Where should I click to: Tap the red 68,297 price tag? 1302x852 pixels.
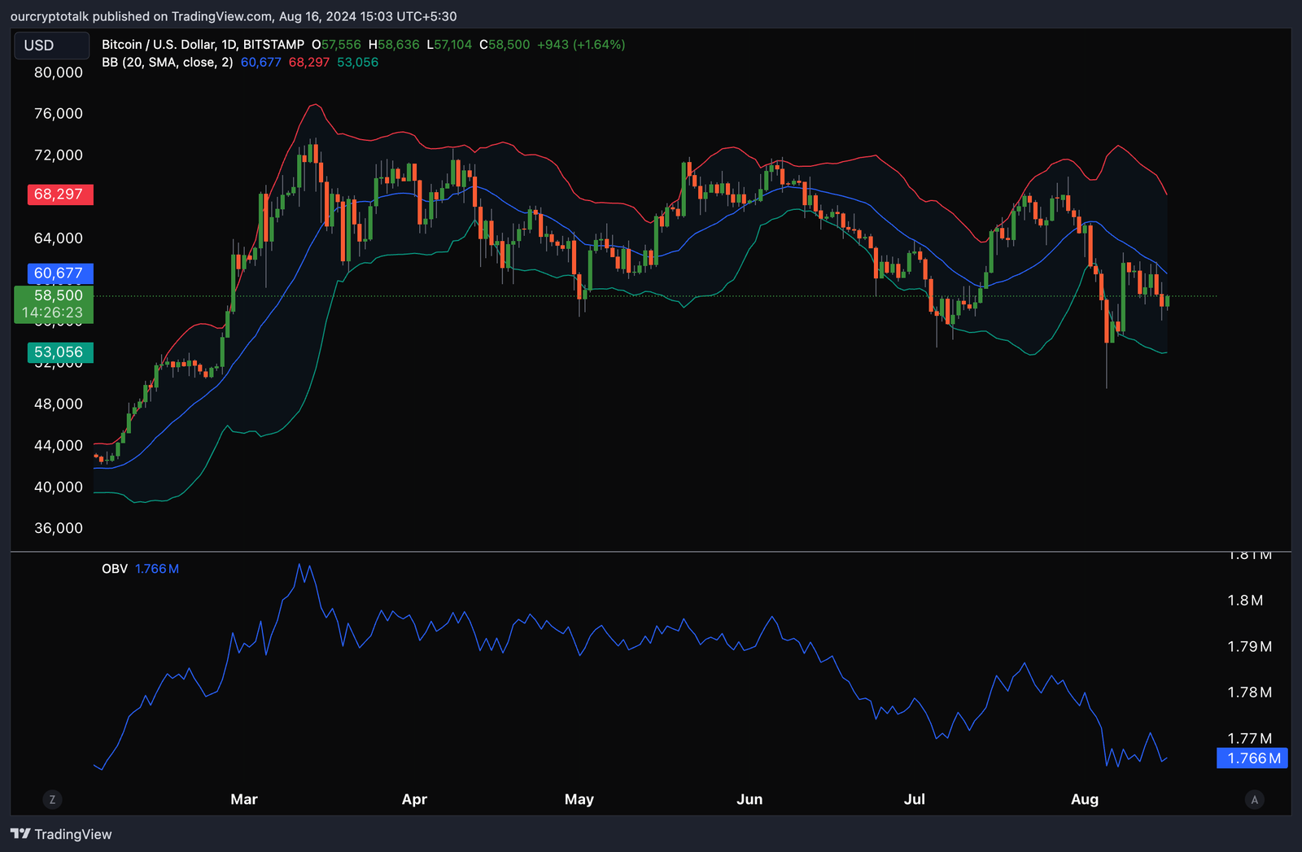tap(60, 194)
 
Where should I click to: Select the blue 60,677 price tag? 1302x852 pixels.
tap(60, 273)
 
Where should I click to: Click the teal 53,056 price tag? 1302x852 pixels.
tap(60, 352)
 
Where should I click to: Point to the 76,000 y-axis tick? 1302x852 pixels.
tap(59, 114)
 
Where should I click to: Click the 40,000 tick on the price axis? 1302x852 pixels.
tap(59, 487)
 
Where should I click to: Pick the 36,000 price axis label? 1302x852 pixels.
tap(59, 528)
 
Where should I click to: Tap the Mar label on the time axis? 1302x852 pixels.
tap(244, 799)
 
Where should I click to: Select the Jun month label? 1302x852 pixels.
tap(749, 799)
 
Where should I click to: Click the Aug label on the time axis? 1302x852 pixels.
tap(1085, 799)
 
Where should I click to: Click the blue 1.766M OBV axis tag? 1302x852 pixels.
tap(1252, 758)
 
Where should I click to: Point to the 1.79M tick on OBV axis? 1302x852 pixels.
tap(1249, 647)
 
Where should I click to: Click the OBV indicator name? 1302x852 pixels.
tap(115, 569)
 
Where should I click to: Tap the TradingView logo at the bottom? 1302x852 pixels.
tap(61, 834)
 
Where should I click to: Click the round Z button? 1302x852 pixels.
tap(53, 800)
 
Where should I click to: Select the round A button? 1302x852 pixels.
tap(1254, 800)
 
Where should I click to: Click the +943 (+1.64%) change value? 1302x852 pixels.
tap(581, 45)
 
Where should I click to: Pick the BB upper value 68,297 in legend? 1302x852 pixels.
tap(309, 63)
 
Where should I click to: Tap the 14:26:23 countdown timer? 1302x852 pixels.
tap(52, 312)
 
